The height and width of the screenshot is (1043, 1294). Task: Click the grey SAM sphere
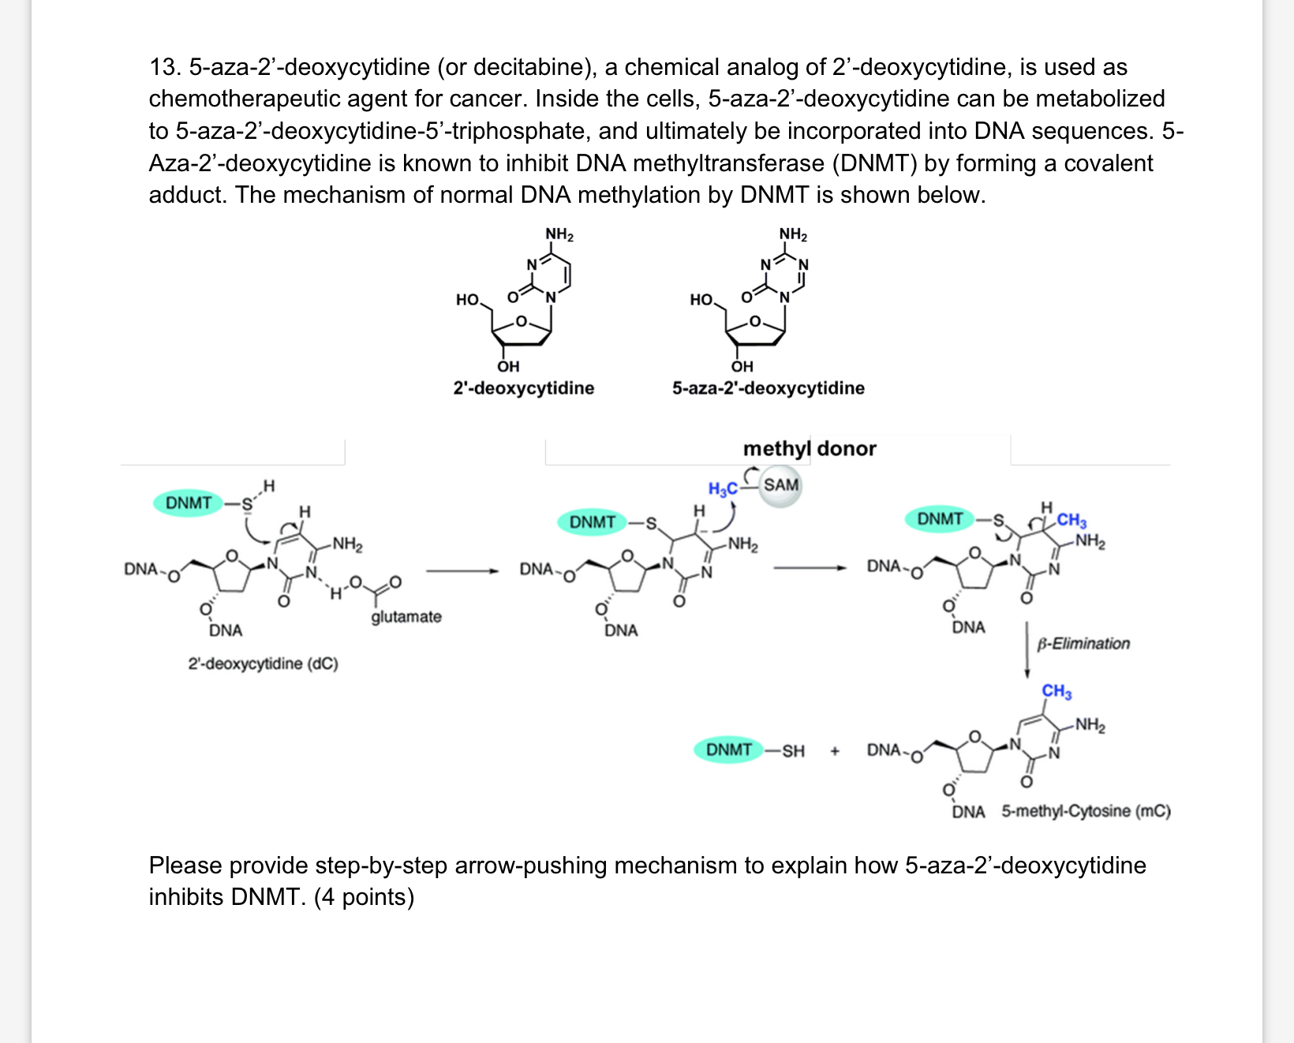[780, 485]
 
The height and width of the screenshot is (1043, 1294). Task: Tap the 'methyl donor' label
[810, 449]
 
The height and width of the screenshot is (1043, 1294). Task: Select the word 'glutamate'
[406, 616]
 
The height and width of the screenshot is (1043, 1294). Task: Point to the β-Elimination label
[1083, 644]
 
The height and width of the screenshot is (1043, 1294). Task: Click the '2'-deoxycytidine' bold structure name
[524, 388]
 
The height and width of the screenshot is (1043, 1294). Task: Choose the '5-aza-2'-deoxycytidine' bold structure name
[768, 388]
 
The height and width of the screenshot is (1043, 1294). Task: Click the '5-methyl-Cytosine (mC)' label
[1086, 811]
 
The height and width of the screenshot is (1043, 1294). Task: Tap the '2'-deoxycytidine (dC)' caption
[263, 664]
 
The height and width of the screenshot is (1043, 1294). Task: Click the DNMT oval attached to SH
[728, 750]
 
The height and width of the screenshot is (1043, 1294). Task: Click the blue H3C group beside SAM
[723, 489]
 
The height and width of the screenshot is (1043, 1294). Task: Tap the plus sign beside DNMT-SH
[835, 750]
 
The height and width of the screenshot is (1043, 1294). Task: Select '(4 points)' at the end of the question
[364, 897]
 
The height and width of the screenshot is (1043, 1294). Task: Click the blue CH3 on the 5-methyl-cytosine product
[1057, 692]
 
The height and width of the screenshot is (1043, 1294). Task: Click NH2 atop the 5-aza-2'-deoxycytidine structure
[793, 234]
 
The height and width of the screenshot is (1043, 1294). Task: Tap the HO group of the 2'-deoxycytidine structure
[468, 300]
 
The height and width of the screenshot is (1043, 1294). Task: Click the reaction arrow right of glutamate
[462, 570]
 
